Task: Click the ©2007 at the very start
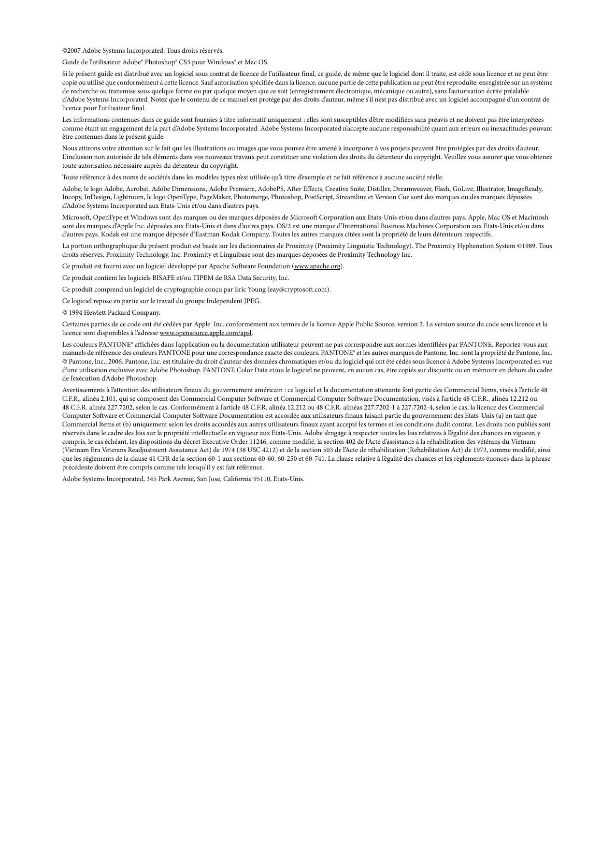coord(72,51)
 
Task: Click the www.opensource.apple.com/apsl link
coord(206,333)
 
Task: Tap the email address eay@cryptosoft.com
coord(299,290)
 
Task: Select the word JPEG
coord(253,301)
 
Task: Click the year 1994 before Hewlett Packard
coord(76,313)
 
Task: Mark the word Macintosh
coord(532,218)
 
